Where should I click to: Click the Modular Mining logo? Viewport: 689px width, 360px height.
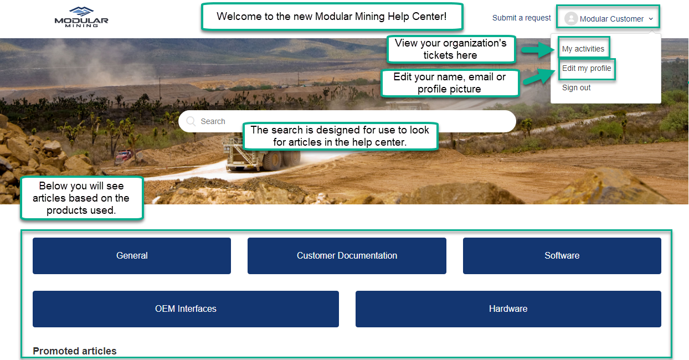pyautogui.click(x=81, y=17)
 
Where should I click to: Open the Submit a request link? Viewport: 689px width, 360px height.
pyautogui.click(x=521, y=18)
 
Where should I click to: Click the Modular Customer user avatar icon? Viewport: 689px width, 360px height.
pyautogui.click(x=571, y=18)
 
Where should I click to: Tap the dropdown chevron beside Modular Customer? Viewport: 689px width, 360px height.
pyautogui.click(x=651, y=19)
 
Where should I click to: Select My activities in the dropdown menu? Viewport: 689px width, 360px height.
pyautogui.click(x=583, y=49)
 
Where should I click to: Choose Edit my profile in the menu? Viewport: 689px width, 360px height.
pyautogui.click(x=587, y=68)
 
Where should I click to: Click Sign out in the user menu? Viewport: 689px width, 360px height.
pyautogui.click(x=576, y=88)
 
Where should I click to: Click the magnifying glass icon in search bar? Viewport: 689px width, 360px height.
pyautogui.click(x=191, y=121)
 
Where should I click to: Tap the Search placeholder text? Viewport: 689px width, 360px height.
pyautogui.click(x=213, y=121)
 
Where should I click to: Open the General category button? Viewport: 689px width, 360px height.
pyautogui.click(x=132, y=255)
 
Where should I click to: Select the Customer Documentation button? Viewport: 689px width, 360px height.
pyautogui.click(x=347, y=255)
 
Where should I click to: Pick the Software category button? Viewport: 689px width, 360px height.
pyautogui.click(x=562, y=255)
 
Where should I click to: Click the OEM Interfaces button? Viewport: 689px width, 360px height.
pyautogui.click(x=186, y=308)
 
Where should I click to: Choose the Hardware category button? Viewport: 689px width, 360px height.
pyautogui.click(x=508, y=308)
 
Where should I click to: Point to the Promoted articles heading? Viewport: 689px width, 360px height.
pyautogui.click(x=75, y=351)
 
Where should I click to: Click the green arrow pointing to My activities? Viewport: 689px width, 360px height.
pyautogui.click(x=538, y=50)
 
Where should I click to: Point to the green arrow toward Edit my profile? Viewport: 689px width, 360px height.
pyautogui.click(x=539, y=77)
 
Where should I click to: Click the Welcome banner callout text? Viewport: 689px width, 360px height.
pyautogui.click(x=332, y=17)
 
